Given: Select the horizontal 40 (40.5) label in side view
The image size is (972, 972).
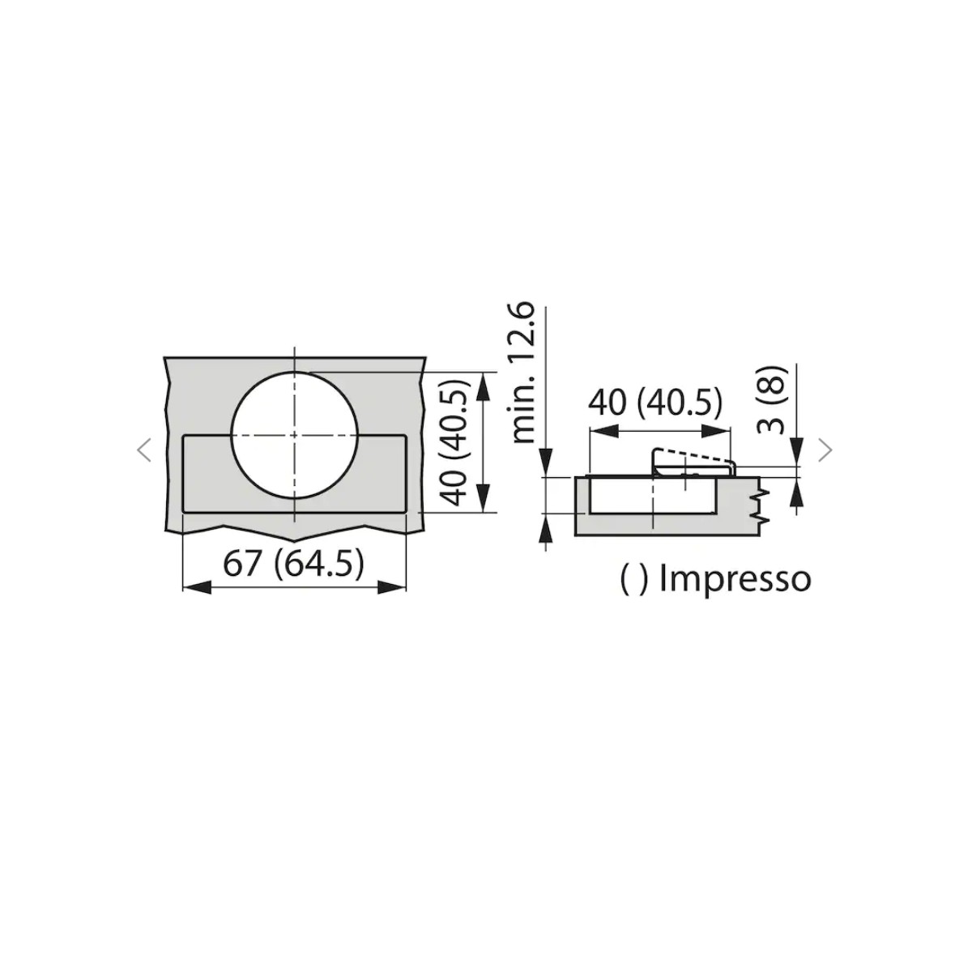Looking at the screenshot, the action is [x=656, y=403].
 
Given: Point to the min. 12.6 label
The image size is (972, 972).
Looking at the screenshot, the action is [x=522, y=373].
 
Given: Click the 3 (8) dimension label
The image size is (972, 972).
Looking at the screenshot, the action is [x=771, y=400].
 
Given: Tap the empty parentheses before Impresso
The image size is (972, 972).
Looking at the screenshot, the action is [x=633, y=581].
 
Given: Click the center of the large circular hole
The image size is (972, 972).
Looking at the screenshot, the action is [x=295, y=435].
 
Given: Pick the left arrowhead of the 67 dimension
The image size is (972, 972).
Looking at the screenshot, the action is [x=197, y=587].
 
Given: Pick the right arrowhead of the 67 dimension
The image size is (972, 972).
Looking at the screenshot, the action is [x=392, y=587].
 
